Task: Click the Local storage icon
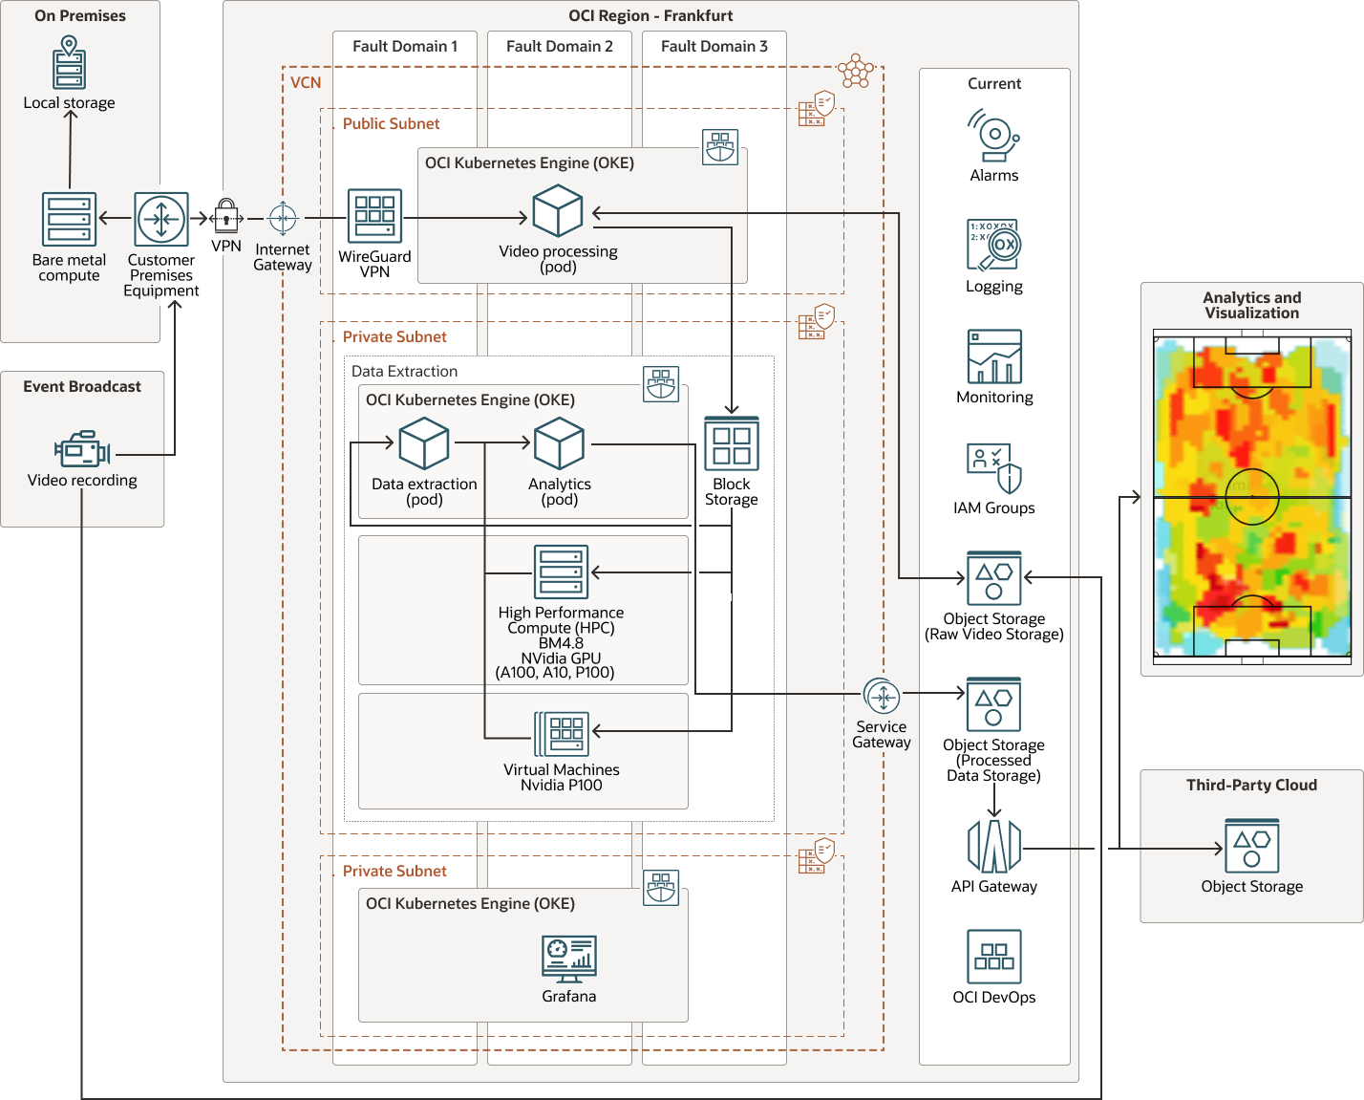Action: (x=69, y=63)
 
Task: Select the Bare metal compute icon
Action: (x=69, y=219)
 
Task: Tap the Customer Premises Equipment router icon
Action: (x=161, y=220)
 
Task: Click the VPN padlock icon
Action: (x=226, y=216)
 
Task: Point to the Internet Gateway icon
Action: (x=283, y=219)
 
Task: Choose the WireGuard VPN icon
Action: (x=374, y=216)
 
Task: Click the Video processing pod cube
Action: (x=558, y=211)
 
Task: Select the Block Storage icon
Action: (x=732, y=443)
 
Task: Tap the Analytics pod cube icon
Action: (x=559, y=443)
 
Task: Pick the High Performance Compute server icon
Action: (x=562, y=572)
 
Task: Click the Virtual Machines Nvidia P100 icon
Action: (x=562, y=734)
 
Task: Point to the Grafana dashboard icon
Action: (x=569, y=959)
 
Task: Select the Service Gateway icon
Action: (x=882, y=698)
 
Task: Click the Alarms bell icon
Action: (x=994, y=137)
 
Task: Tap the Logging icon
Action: (x=994, y=247)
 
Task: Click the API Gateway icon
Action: (x=994, y=846)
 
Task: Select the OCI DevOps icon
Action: (x=994, y=957)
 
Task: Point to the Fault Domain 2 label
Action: (x=560, y=46)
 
